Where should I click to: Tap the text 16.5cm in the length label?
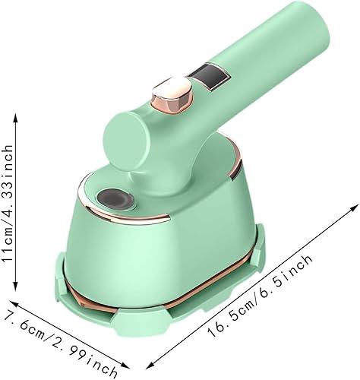coord(236,319)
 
